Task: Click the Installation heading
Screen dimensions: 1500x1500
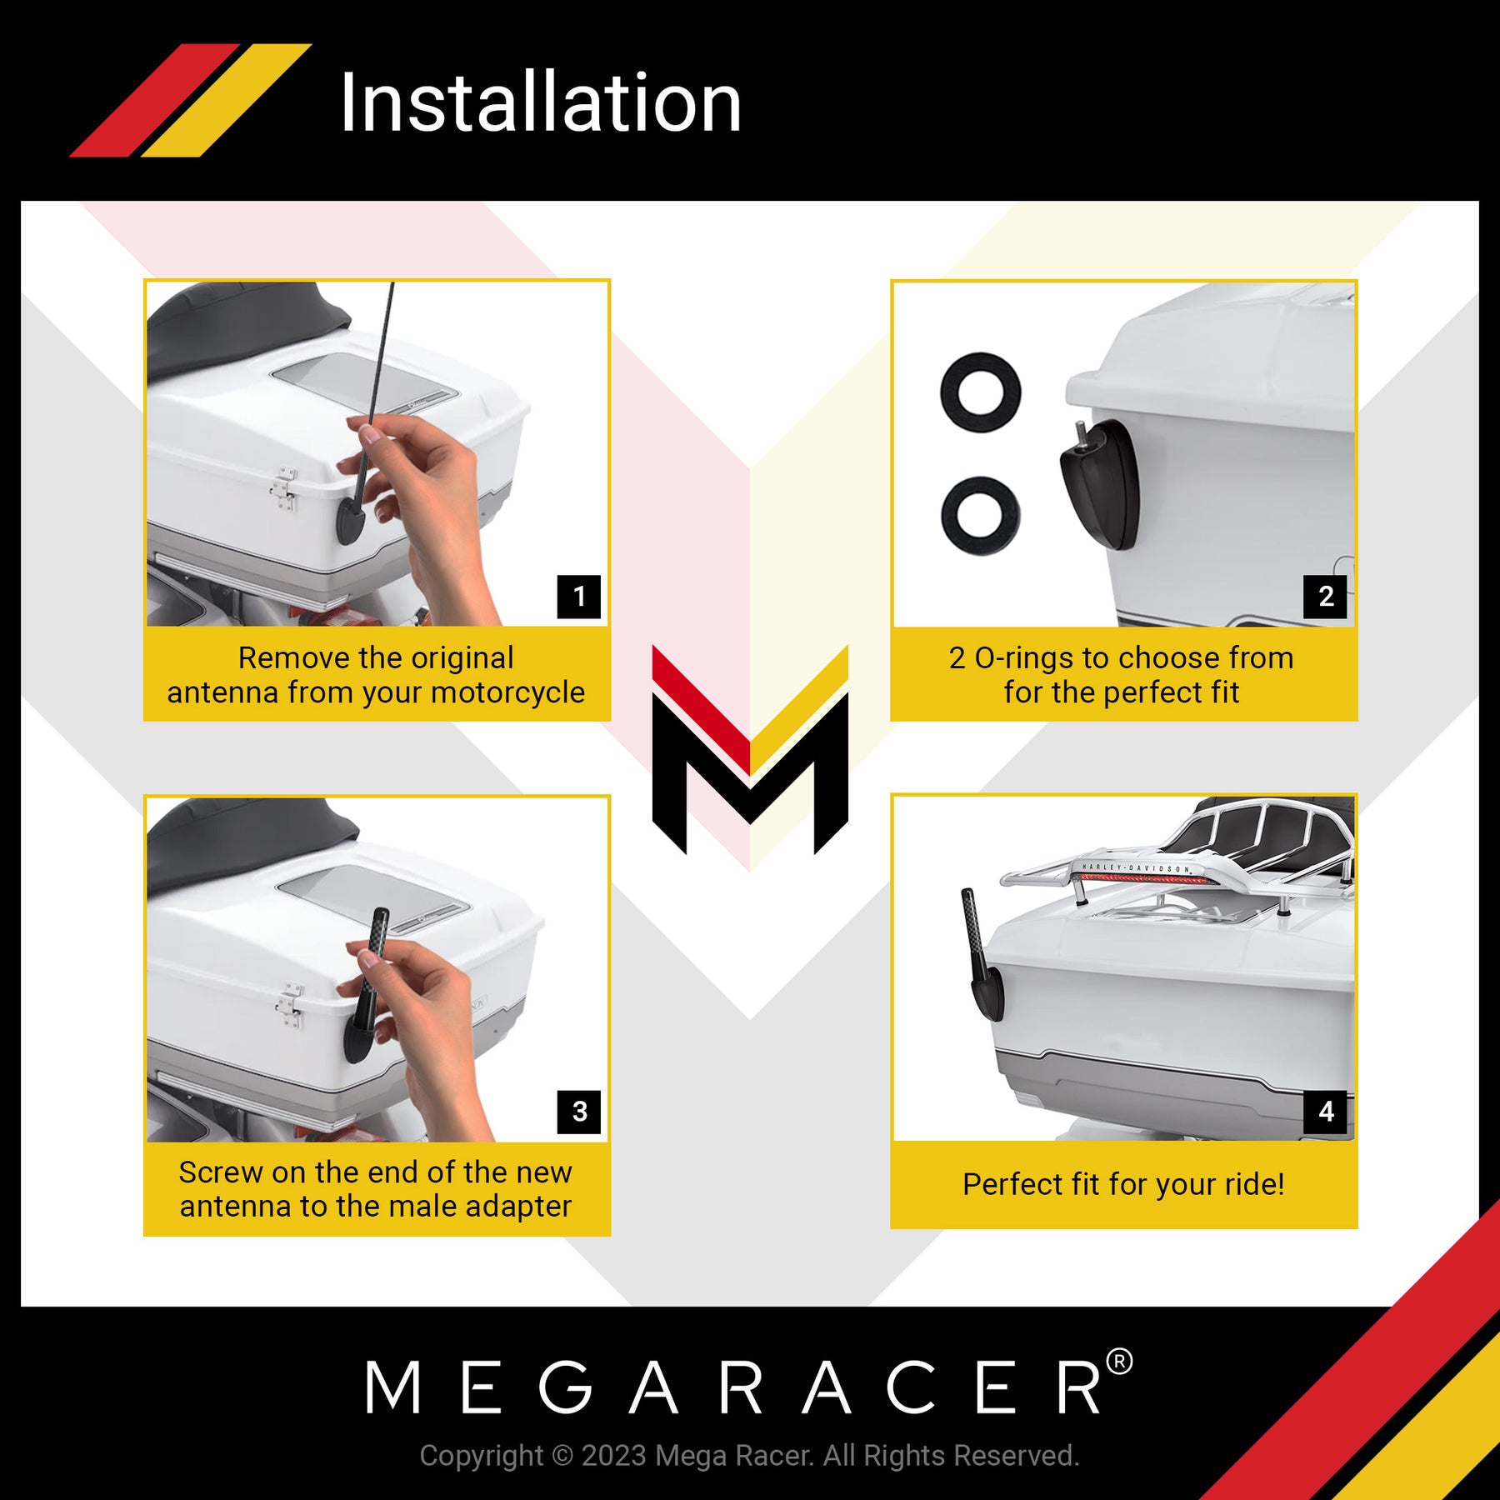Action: click(x=541, y=102)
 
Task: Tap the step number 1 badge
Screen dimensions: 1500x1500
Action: click(x=578, y=596)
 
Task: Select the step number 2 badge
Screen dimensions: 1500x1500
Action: click(x=1325, y=596)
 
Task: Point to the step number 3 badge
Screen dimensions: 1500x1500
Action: click(x=578, y=1112)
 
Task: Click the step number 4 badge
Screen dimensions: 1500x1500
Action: click(x=1325, y=1112)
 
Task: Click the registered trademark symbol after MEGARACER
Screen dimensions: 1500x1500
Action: click(x=1118, y=1363)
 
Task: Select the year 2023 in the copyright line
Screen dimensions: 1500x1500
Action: click(x=614, y=1455)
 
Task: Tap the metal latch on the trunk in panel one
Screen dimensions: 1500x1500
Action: click(x=283, y=488)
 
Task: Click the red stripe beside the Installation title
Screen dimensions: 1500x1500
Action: click(x=154, y=100)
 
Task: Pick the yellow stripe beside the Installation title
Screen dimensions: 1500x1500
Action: click(x=226, y=100)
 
